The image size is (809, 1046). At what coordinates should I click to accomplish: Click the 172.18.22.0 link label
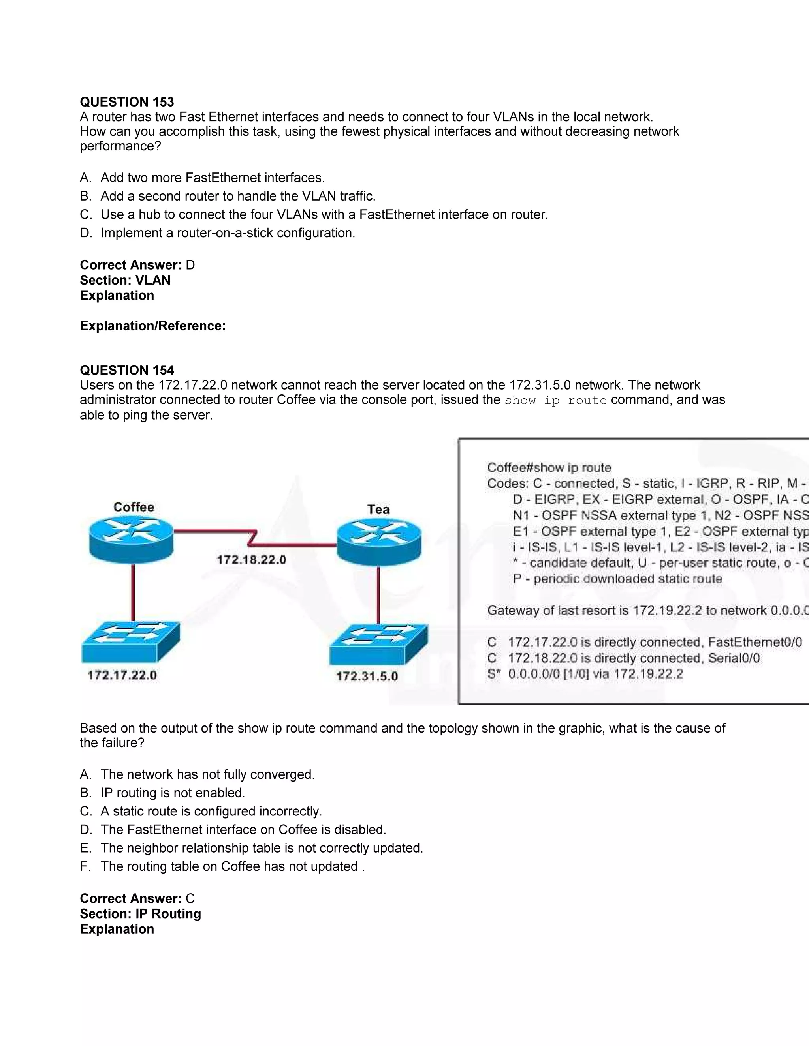(x=251, y=559)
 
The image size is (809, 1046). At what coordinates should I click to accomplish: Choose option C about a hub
(x=324, y=215)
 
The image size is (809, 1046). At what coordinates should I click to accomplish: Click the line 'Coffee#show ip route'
(x=549, y=467)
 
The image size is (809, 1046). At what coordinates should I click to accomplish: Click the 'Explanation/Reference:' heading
(x=152, y=326)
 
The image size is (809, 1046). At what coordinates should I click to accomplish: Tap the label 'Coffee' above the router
(x=134, y=507)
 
